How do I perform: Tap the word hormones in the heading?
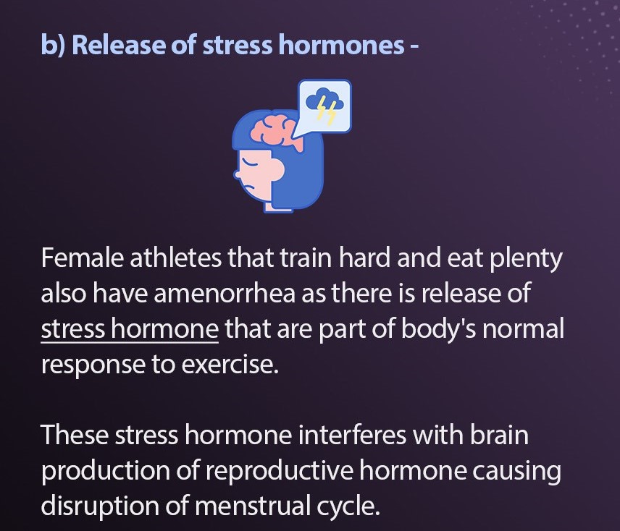pos(341,45)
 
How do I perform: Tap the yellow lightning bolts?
pos(327,111)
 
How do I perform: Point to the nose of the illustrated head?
pos(237,174)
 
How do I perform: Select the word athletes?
pos(175,258)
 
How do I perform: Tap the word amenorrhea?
pos(225,294)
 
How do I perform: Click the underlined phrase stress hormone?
pos(130,329)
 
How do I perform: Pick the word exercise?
pos(230,365)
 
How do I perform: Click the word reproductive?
pos(279,472)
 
